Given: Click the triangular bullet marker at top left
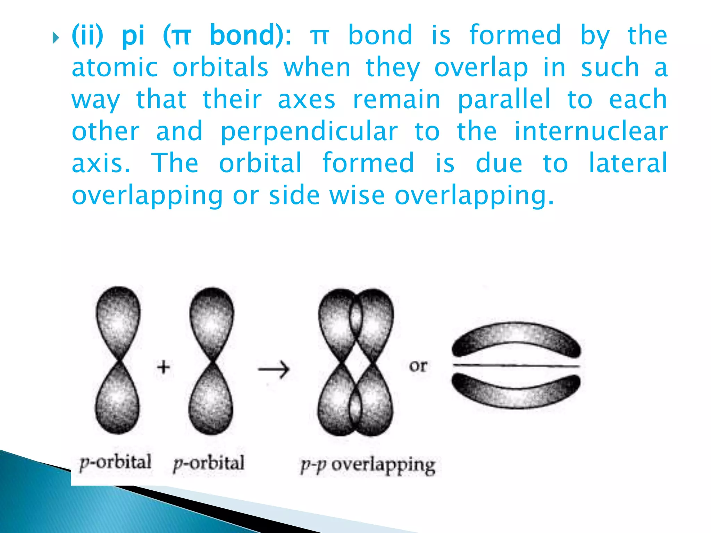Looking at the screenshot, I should click(56, 38).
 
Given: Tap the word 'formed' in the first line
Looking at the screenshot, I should click(515, 35).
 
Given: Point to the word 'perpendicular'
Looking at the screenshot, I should click(309, 132).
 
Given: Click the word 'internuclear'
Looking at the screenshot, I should click(591, 132).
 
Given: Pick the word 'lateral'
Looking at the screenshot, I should click(628, 163).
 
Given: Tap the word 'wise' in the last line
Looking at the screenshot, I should click(357, 196).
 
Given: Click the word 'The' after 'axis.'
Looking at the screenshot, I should click(175, 163).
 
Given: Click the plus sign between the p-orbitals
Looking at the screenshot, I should click(164, 367).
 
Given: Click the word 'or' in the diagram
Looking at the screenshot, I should click(418, 366).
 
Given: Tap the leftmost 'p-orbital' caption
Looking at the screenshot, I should click(116, 462).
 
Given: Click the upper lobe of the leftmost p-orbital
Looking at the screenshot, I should click(118, 319).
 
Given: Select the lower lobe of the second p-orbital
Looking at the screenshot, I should click(211, 403).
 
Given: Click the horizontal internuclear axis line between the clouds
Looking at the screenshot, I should click(516, 366).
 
